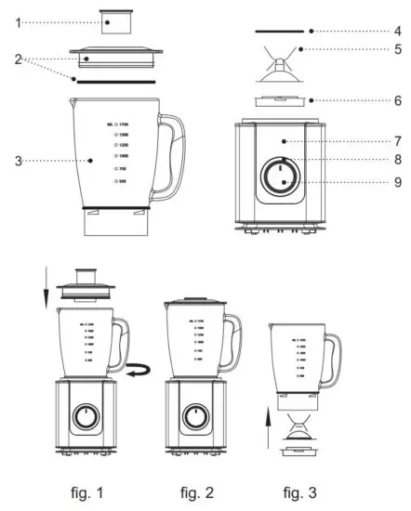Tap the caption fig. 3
tap(302, 491)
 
